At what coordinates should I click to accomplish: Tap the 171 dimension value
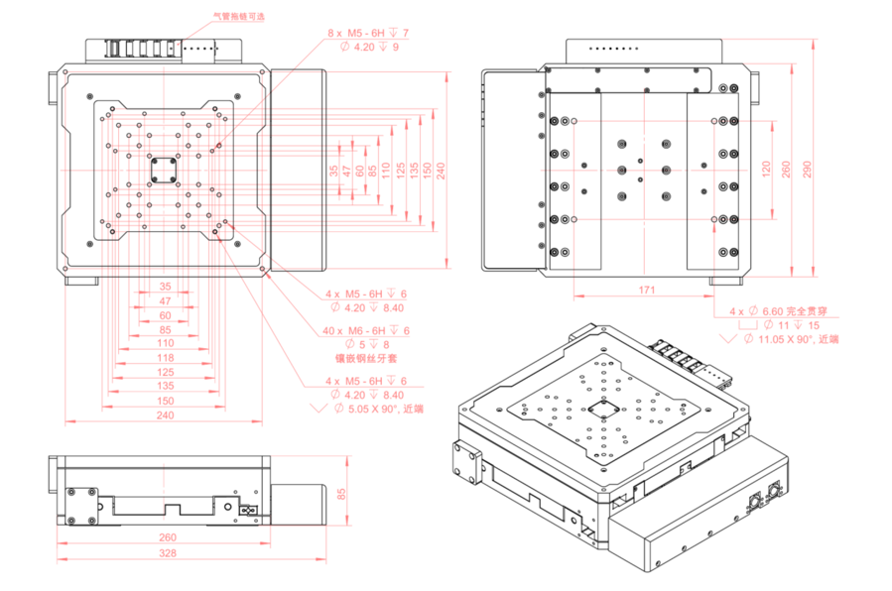click(647, 289)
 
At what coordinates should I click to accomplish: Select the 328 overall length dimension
click(167, 552)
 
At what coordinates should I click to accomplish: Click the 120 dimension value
click(765, 170)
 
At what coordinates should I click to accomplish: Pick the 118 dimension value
click(166, 357)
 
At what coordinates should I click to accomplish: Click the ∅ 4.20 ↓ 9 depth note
click(369, 47)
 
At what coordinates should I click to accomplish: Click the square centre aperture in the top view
click(164, 169)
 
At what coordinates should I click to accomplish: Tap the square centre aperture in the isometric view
click(601, 411)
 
